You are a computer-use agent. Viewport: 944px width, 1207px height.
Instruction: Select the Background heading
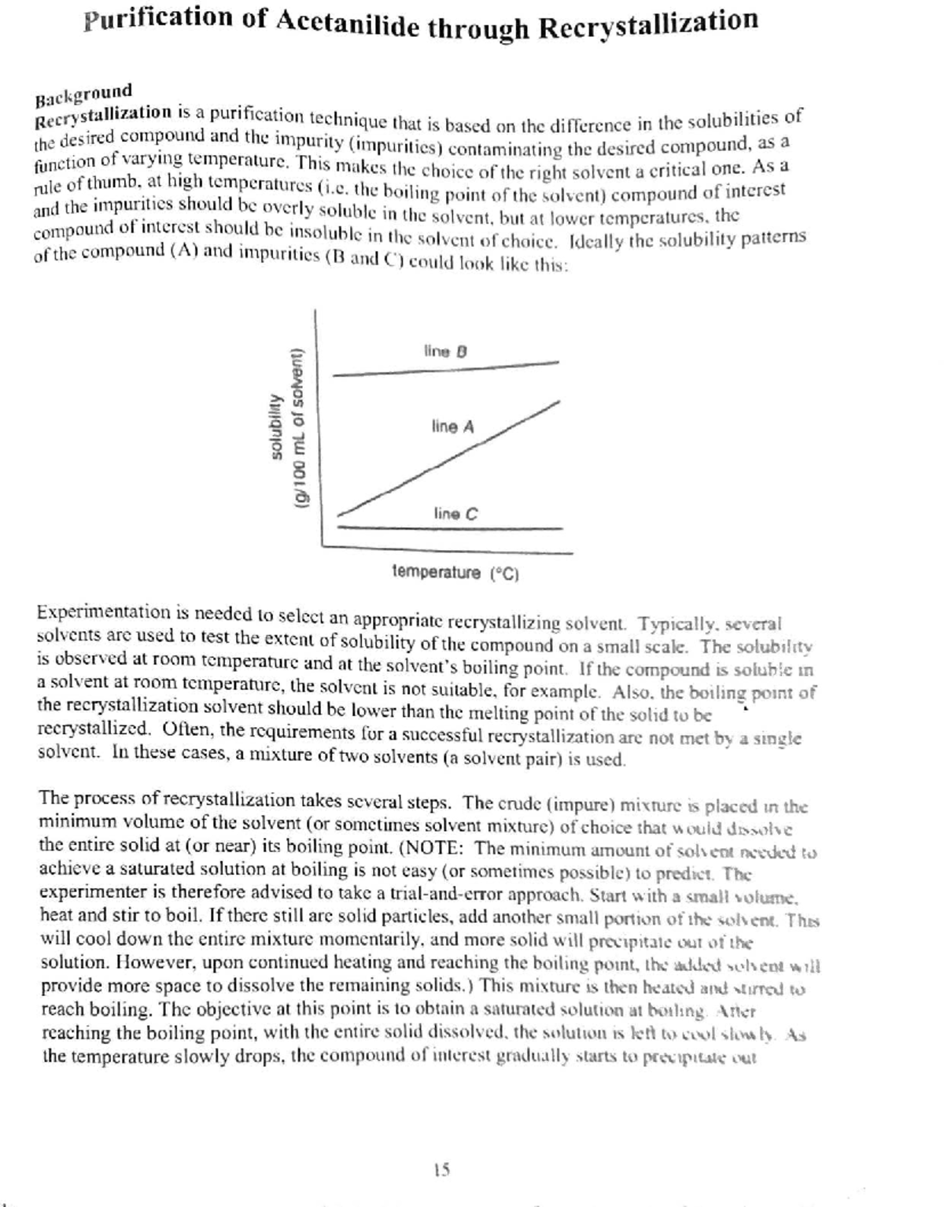point(83,94)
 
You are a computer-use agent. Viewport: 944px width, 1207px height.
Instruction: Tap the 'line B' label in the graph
point(445,351)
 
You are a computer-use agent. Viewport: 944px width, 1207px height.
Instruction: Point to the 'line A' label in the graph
point(452,427)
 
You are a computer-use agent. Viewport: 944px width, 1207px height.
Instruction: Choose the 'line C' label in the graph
point(455,515)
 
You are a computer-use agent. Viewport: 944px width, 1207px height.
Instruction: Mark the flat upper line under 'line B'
point(445,369)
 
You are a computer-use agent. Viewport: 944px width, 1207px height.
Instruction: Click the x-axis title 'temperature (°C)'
point(455,573)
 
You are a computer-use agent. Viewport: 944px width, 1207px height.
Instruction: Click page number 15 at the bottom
point(441,1170)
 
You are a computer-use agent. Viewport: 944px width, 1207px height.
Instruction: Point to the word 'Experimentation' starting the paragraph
point(92,612)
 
